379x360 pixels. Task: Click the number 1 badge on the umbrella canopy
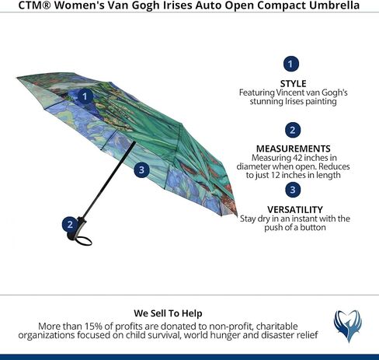click(x=85, y=96)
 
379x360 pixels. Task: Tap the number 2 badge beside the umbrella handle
click(x=70, y=225)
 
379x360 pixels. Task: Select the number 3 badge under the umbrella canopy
click(x=141, y=170)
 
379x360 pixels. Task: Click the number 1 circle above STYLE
click(x=291, y=64)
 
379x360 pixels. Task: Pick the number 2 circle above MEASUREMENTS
click(x=293, y=130)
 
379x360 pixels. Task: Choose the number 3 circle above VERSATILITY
click(x=293, y=190)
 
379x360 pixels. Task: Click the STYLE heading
click(x=293, y=83)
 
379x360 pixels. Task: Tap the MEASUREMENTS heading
click(x=293, y=149)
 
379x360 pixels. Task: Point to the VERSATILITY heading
click(x=295, y=209)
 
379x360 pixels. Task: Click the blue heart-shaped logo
click(x=348, y=326)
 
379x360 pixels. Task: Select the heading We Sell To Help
click(x=168, y=313)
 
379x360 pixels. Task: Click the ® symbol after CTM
click(x=46, y=5)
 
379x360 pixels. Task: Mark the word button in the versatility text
click(x=312, y=227)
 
